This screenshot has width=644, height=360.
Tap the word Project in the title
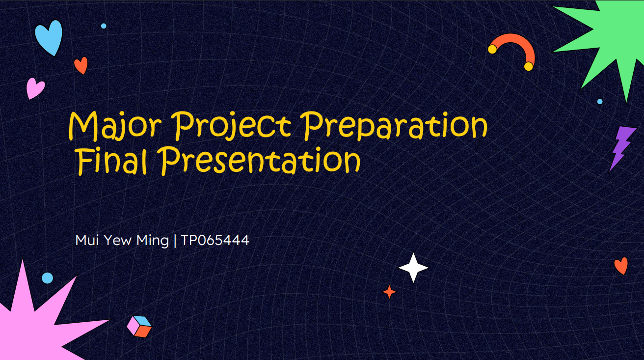pos(234,126)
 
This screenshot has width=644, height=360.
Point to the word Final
pos(112,160)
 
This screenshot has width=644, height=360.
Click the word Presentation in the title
pos(260,160)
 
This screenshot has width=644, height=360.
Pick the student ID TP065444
pos(215,240)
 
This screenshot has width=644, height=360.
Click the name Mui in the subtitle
pos(87,240)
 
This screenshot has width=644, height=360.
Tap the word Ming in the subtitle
pos(152,241)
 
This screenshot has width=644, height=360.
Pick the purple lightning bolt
pos(622,148)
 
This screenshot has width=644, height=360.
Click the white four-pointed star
pos(413,268)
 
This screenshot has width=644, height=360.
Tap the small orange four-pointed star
pos(390,292)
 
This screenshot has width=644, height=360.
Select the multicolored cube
pos(139,327)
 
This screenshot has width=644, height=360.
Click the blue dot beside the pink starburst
pos(48,278)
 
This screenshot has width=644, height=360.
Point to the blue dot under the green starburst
pos(600,102)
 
